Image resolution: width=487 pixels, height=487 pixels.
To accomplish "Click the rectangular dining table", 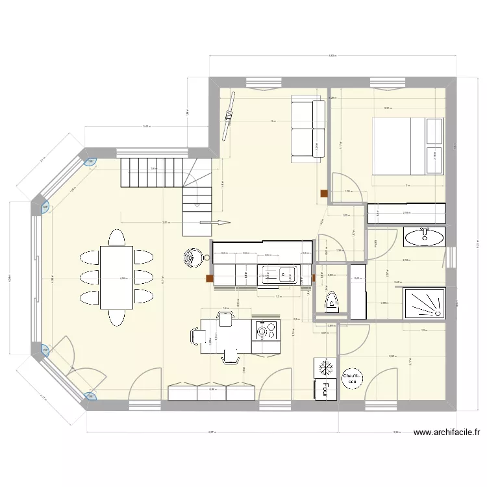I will coord(117,277).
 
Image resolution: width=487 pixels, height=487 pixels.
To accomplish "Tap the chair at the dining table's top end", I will coord(117,237).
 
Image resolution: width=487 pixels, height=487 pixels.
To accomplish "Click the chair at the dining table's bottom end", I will coord(117,317).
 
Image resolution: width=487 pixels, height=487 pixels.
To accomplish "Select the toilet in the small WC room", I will coord(331,300).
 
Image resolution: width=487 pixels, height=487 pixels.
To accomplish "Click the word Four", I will coord(323,388).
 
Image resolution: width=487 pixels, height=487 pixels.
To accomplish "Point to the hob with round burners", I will coord(265,331).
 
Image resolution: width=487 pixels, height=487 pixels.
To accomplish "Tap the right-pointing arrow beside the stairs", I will coord(215,223).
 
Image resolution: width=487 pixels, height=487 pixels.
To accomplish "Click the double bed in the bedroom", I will coord(408,146).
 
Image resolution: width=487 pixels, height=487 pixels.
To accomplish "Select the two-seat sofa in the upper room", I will coord(307,129).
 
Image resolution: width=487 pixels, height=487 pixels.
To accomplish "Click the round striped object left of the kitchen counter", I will coord(192,258).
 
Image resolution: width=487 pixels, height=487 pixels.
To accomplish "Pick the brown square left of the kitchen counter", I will coord(209,279).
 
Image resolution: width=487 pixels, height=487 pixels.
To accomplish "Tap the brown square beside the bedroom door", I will coord(323,192).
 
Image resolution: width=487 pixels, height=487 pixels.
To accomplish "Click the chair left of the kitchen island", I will coord(197,336).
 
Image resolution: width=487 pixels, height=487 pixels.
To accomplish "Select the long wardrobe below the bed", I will coord(407,212).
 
